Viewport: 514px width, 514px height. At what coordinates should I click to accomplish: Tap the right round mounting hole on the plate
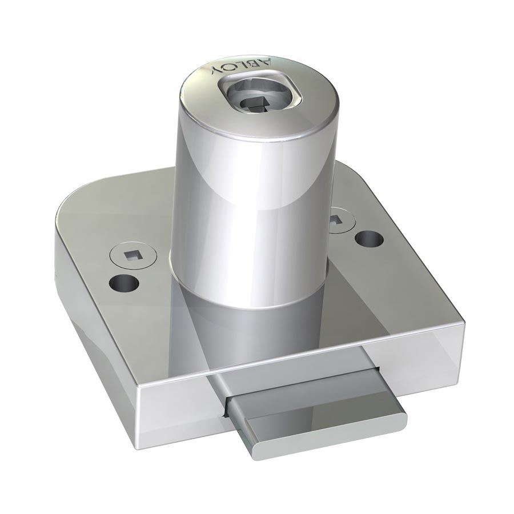[370, 238]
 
